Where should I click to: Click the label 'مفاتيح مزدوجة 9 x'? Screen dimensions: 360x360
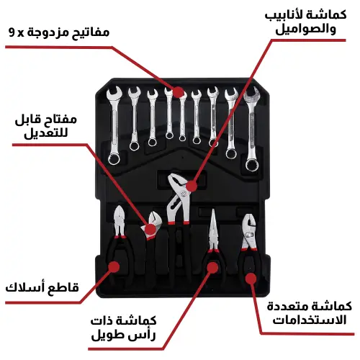[59, 32]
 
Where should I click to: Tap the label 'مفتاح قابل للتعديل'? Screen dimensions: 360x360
[46, 126]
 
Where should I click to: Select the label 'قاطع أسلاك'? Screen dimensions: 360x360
[42, 287]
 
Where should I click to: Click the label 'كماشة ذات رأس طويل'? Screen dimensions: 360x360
[124, 328]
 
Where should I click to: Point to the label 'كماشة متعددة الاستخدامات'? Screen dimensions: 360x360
[310, 313]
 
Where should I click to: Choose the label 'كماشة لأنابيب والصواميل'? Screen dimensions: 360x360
[306, 22]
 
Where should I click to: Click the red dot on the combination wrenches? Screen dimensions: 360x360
[178, 92]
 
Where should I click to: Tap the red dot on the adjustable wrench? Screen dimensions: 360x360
[150, 229]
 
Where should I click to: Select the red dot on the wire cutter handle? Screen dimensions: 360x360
[114, 266]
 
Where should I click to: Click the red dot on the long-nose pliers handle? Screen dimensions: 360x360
[212, 268]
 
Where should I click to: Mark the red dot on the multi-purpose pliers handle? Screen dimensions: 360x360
[251, 279]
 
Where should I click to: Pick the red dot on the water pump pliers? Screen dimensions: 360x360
[192, 186]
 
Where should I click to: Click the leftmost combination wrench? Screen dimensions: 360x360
[114, 126]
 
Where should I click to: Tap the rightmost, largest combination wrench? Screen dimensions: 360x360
[251, 129]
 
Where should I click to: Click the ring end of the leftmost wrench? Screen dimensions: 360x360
[114, 158]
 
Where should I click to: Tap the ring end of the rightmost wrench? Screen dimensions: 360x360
[253, 165]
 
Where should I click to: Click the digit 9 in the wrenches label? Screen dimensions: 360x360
[12, 32]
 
